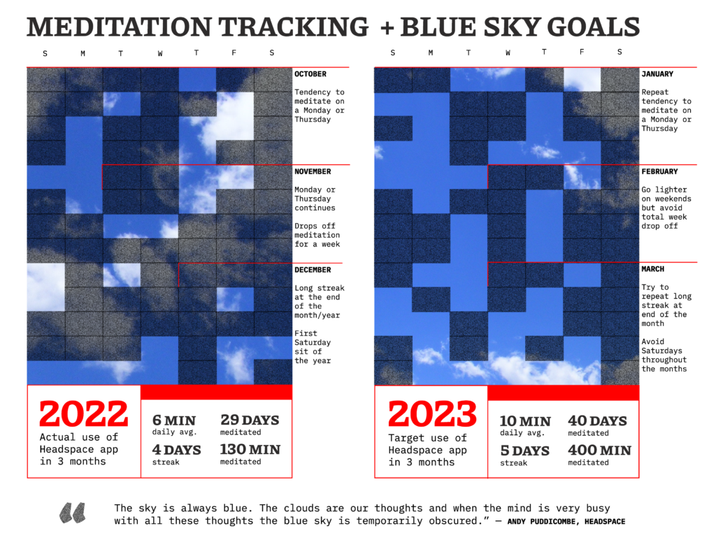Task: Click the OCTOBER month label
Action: (310, 74)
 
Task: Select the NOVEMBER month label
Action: (313, 171)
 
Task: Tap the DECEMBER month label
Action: (313, 269)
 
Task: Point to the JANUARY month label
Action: (657, 74)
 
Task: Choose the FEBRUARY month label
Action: (659, 171)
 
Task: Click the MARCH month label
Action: (653, 269)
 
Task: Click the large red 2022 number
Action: (84, 415)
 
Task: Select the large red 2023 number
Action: (431, 415)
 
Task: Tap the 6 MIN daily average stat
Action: (174, 420)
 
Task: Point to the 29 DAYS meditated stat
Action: (250, 420)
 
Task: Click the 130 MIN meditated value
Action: (250, 450)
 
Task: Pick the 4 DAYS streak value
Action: (177, 450)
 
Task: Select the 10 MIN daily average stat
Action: (525, 421)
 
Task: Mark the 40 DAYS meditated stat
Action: (597, 421)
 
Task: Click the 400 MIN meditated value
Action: (599, 450)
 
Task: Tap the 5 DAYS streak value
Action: (524, 450)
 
